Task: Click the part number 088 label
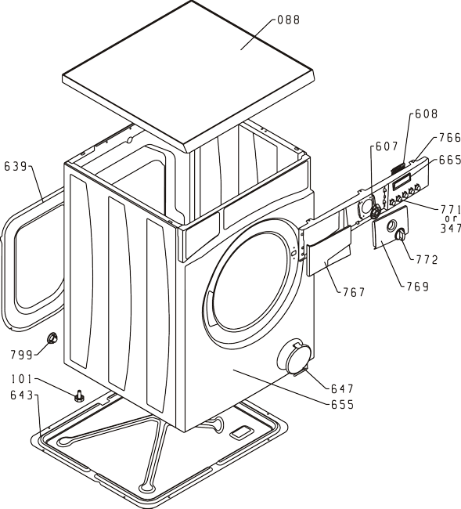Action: [x=289, y=20]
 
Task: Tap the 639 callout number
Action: [x=15, y=167]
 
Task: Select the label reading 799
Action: [x=22, y=355]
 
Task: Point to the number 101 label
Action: [x=22, y=379]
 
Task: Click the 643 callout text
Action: [x=22, y=395]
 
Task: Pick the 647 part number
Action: [x=342, y=388]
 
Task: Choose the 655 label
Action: [x=342, y=405]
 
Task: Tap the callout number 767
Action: [x=354, y=293]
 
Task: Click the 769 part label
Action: [x=417, y=287]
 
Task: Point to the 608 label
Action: [x=427, y=114]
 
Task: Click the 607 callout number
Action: [x=387, y=146]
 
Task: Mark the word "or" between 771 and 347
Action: [x=452, y=218]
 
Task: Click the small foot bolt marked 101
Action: [x=79, y=396]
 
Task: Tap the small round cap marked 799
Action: [x=52, y=338]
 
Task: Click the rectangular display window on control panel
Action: [x=402, y=182]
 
